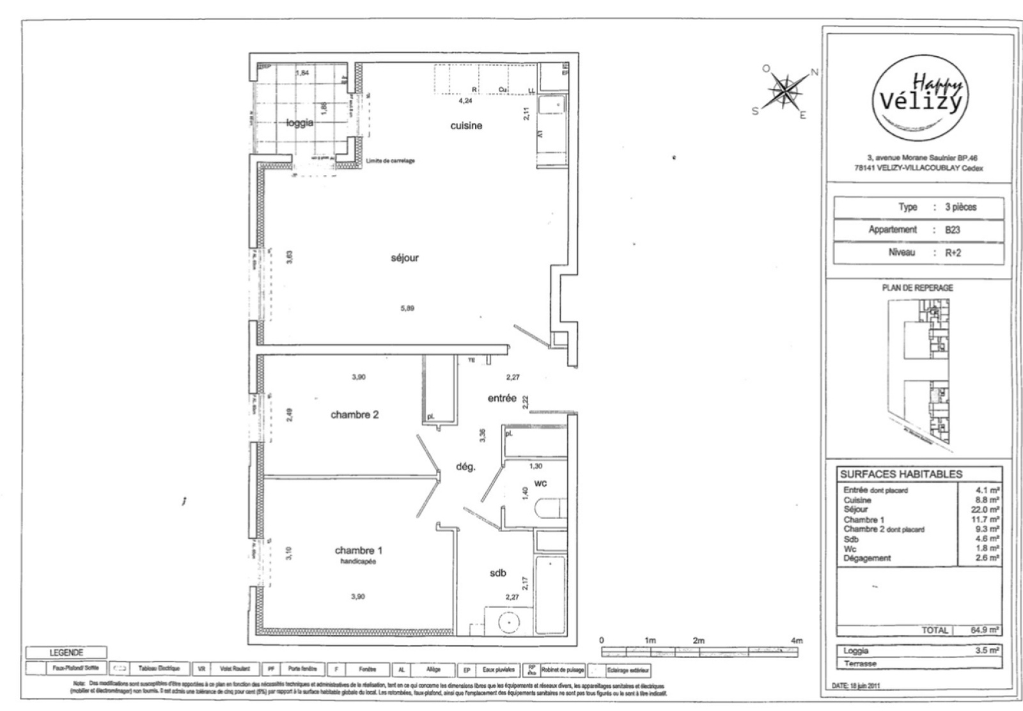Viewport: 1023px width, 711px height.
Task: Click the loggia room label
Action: coord(299,123)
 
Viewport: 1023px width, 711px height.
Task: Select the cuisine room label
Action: coord(466,126)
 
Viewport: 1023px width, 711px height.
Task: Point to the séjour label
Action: coord(405,258)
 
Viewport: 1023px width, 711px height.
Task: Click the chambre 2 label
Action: coord(354,414)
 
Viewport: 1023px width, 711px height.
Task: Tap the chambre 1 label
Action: coord(359,551)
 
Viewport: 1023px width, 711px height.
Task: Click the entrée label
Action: coord(502,398)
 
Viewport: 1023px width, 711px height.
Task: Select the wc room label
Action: coord(540,483)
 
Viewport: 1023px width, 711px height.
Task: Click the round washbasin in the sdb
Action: coord(508,621)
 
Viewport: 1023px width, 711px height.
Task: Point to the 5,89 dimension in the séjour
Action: coord(407,308)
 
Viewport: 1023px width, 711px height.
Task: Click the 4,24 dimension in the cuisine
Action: coord(465,101)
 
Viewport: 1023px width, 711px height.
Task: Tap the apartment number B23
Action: coord(953,230)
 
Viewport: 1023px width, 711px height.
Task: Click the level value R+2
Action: coord(953,253)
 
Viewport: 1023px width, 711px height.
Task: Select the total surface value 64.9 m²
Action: coord(985,630)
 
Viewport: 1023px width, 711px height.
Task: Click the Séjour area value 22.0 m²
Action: coord(985,510)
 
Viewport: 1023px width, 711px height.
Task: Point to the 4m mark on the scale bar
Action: coord(796,640)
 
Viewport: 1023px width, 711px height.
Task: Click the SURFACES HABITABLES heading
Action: coord(901,474)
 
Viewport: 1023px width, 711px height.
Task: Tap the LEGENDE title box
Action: coord(66,653)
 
